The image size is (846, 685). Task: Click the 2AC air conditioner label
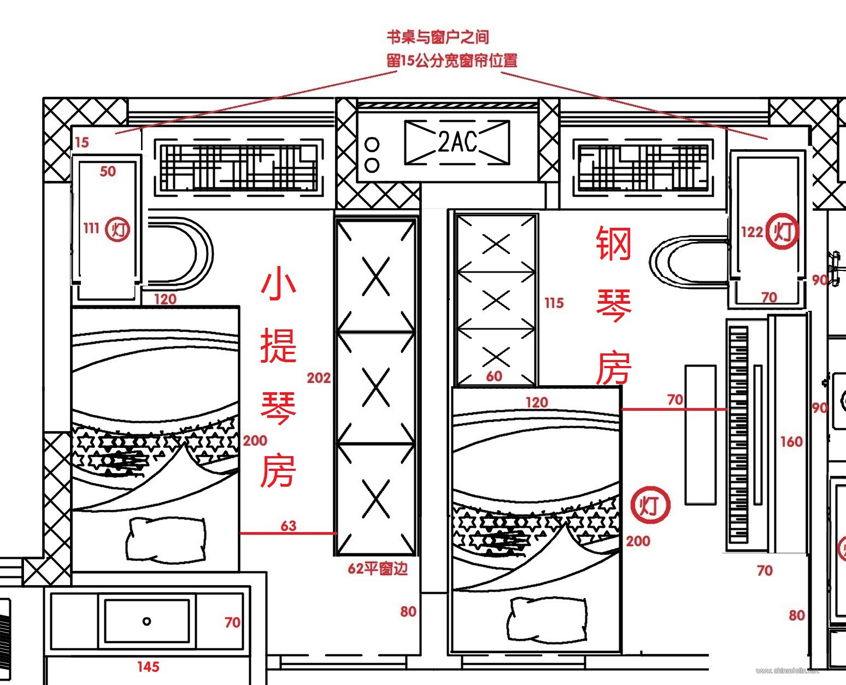[x=457, y=142]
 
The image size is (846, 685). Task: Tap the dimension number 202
[x=319, y=377]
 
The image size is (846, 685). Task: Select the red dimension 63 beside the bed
[x=289, y=525]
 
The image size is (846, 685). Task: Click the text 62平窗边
[x=378, y=569]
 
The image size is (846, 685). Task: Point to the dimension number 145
[x=148, y=666]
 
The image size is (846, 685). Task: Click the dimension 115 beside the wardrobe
[x=554, y=303]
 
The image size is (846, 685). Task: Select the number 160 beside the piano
[x=791, y=441]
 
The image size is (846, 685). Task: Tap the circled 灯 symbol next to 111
[x=118, y=229]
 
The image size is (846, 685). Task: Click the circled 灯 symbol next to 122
[x=782, y=232]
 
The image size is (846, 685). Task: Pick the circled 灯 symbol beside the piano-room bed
[x=650, y=505]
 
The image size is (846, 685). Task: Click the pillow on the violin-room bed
[x=166, y=540]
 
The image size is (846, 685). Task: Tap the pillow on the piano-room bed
[x=547, y=618]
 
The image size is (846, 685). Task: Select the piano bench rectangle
[x=700, y=434]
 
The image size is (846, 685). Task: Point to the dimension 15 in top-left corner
[x=81, y=143]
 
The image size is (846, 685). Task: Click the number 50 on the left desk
[x=108, y=172]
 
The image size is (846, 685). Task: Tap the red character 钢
[x=614, y=244]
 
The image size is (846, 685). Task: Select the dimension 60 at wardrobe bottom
[x=493, y=376]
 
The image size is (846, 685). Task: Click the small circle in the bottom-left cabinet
[x=146, y=621]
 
